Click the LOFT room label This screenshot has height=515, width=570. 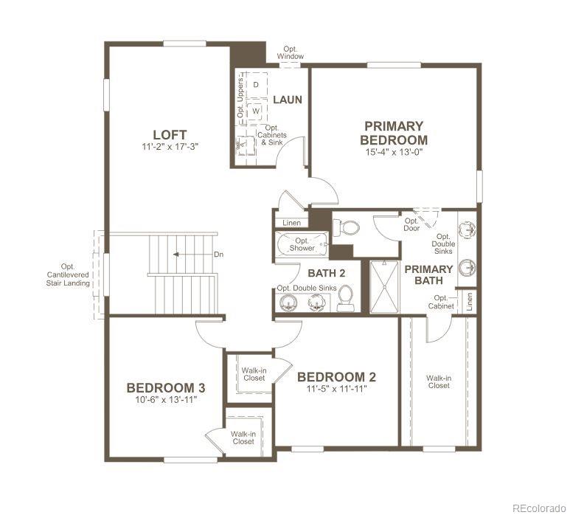[170, 134]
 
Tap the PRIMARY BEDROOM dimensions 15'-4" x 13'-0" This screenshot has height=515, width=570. [394, 153]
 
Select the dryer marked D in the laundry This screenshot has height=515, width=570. [256, 85]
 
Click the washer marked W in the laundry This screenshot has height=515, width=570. [256, 111]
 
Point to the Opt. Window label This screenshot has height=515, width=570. [291, 52]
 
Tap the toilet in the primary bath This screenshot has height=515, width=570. [344, 228]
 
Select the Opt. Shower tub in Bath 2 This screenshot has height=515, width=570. [302, 244]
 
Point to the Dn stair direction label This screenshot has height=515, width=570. [218, 255]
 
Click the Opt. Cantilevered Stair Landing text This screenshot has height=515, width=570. [75, 274]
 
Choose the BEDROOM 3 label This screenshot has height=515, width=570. [165, 388]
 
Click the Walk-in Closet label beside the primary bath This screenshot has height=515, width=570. [438, 381]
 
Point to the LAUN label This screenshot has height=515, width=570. [288, 100]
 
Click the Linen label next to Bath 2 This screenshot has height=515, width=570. [291, 223]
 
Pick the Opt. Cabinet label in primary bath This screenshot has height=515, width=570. [440, 302]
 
